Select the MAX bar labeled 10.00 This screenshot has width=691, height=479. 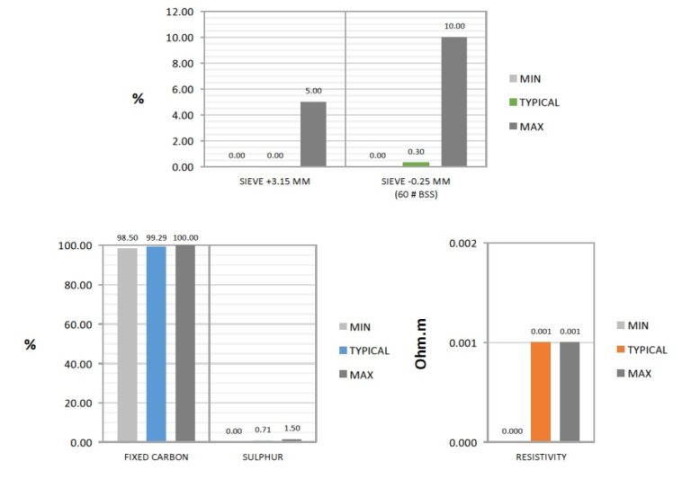[x=453, y=102]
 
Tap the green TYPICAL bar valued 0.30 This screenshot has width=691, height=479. [x=416, y=164]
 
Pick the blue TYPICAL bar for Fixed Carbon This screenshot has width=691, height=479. [x=157, y=344]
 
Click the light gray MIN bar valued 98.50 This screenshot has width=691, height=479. [x=128, y=345]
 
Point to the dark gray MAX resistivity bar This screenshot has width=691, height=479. [x=570, y=392]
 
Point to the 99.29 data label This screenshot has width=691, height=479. [x=156, y=238]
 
